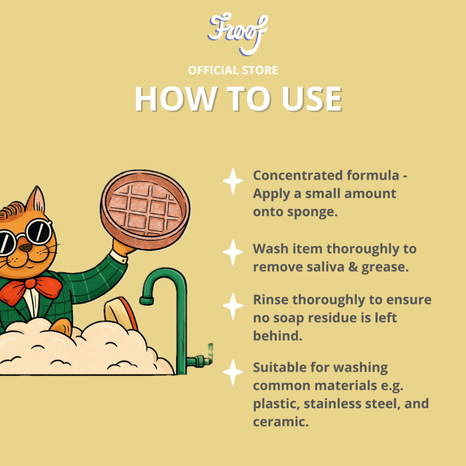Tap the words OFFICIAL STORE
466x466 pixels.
pyautogui.click(x=233, y=71)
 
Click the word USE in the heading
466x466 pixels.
pyautogui.click(x=312, y=99)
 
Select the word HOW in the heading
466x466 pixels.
pyautogui.click(x=176, y=99)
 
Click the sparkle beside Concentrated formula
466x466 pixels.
pyautogui.click(x=233, y=182)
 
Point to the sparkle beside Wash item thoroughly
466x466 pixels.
pyautogui.click(x=233, y=253)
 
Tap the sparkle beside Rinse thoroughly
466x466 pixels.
pyautogui.click(x=233, y=306)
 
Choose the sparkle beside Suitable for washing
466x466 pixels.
pyautogui.click(x=233, y=373)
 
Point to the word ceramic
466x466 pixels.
pyautogui.click(x=281, y=422)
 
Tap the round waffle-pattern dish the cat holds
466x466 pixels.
pyautogui.click(x=145, y=207)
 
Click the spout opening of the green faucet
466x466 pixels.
pyautogui.click(x=147, y=301)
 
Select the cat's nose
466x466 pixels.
pyautogui.click(x=26, y=247)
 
